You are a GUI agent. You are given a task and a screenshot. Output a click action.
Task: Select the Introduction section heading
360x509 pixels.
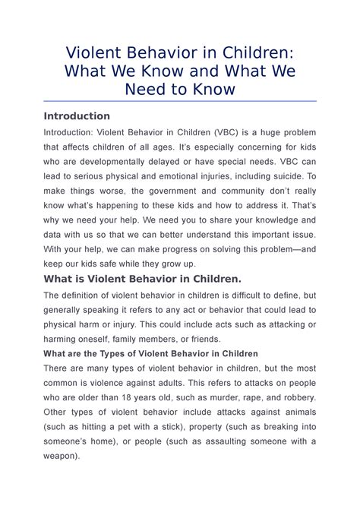click(x=77, y=116)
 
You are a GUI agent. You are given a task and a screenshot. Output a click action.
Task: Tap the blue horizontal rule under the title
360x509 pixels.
click(x=180, y=100)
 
